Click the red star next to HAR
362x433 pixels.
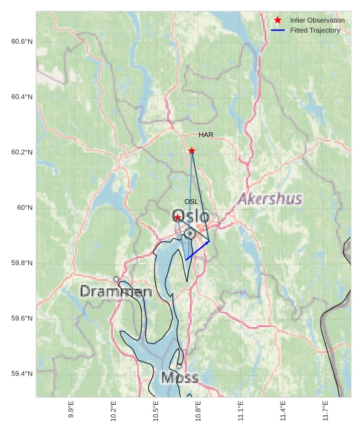pos(192,150)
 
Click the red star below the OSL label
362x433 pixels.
pos(178,217)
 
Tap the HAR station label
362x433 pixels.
pos(206,135)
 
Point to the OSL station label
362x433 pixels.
pos(191,201)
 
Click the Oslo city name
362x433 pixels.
pos(190,217)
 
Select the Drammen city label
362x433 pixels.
pos(116,291)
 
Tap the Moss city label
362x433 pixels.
pos(180,378)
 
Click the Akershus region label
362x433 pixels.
pos(270,199)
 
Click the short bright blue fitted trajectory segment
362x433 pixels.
pos(197,250)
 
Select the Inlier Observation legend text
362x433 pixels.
pos(317,20)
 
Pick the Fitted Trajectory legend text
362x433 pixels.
pos(315,30)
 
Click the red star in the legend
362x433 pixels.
pos(277,20)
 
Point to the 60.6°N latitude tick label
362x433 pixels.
pos(22,41)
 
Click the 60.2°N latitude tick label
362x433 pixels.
pos(22,152)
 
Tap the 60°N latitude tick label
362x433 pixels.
pos(25,207)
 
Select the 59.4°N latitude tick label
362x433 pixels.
pos(22,373)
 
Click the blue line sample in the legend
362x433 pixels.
pos(277,30)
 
